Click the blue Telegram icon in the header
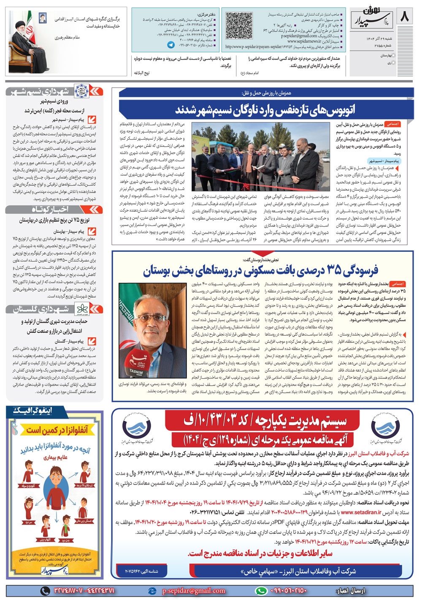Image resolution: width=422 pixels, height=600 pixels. pos(171,44)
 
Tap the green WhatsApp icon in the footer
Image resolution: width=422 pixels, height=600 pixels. pos(261,591)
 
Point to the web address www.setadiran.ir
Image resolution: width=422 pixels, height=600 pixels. pos(359,513)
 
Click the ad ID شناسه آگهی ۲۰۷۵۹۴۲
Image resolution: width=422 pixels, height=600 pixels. pos(141,571)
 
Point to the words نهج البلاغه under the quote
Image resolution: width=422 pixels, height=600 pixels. pos(142,73)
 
